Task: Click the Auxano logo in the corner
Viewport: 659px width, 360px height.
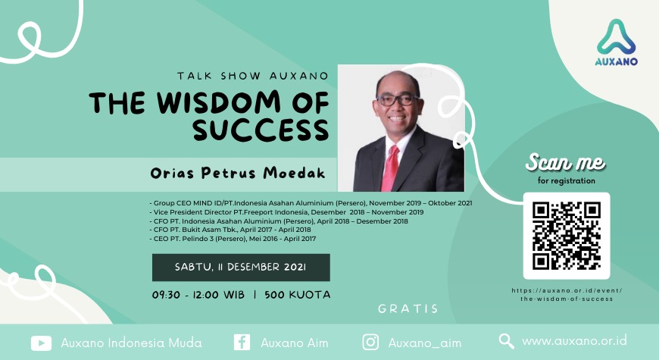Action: point(616,43)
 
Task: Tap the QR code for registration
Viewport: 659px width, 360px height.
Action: point(567,236)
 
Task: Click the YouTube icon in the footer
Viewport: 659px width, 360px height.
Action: point(41,343)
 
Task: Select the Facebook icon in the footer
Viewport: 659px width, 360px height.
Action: point(242,342)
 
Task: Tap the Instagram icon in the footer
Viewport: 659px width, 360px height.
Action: point(370,342)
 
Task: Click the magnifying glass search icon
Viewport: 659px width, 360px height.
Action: point(507,341)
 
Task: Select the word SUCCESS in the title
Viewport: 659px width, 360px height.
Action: point(260,130)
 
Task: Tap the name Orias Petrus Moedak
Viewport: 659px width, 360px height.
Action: point(238,174)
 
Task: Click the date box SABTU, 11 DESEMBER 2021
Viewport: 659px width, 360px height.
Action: point(241,268)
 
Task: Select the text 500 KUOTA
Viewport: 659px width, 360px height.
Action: point(297,295)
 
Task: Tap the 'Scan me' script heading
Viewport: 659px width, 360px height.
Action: point(566,162)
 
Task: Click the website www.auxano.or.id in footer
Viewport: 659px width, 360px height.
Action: point(574,341)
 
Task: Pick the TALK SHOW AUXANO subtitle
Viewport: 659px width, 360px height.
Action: point(252,76)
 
